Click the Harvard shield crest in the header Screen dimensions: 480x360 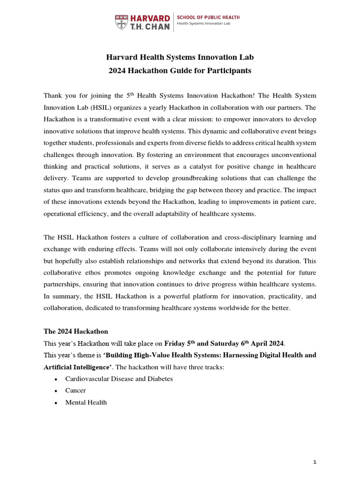(121, 22)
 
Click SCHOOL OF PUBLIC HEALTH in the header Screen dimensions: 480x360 (208, 17)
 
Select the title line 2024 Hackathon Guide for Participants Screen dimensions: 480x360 (180, 71)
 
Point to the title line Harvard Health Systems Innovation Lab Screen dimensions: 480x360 (180, 58)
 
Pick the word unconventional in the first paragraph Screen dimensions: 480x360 (288, 155)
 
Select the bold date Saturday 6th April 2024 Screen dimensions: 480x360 (248, 343)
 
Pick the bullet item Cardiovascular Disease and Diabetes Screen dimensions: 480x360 (119, 379)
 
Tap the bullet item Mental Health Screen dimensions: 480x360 (86, 402)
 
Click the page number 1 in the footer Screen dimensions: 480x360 (315, 462)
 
